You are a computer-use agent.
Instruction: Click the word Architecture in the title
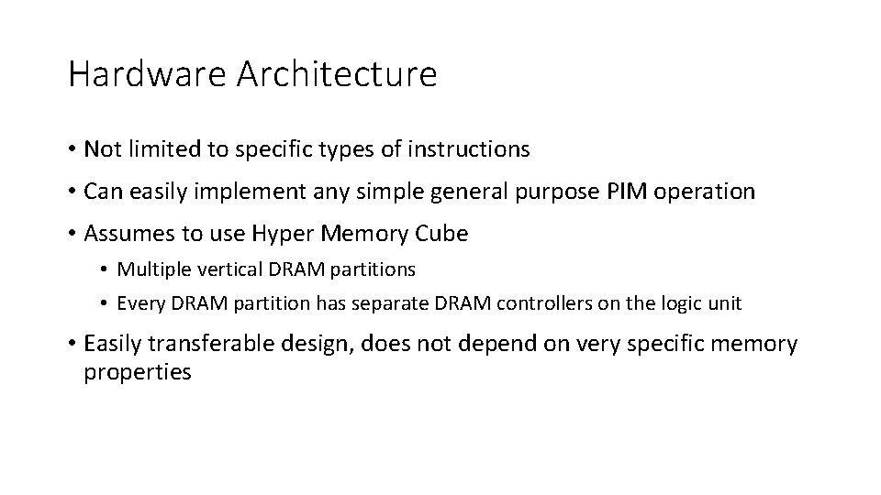[x=337, y=74]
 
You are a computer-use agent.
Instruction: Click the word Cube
[x=441, y=234]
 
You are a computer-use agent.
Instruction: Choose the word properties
[x=138, y=373]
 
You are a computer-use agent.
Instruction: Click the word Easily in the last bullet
[x=114, y=344]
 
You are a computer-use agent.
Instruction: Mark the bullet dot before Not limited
[x=72, y=148]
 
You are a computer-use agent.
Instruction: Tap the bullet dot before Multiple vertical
[x=106, y=269]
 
